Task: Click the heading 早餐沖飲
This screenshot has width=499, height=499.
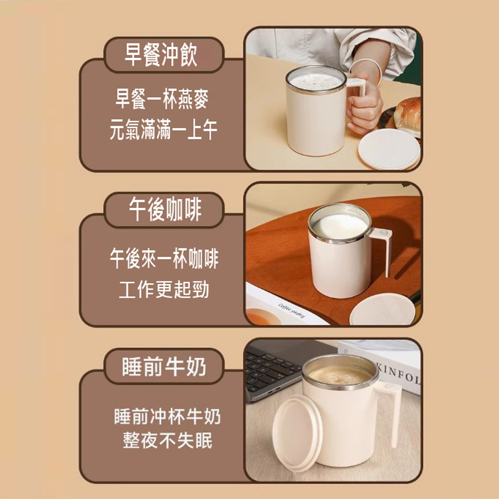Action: pyautogui.click(x=161, y=55)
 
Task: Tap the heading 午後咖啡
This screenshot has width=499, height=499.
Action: pyautogui.click(x=165, y=209)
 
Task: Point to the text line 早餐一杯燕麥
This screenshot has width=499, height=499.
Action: pyautogui.click(x=162, y=99)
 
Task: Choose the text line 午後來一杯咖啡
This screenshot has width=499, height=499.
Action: pyautogui.click(x=164, y=258)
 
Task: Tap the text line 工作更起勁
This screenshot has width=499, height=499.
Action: pyautogui.click(x=164, y=289)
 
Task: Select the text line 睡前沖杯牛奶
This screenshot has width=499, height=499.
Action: pyautogui.click(x=167, y=416)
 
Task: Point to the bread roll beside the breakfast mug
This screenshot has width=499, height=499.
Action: pyautogui.click(x=407, y=115)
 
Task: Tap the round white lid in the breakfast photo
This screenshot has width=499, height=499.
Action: pyautogui.click(x=389, y=149)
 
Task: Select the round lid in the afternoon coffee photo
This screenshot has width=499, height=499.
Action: pyautogui.click(x=382, y=310)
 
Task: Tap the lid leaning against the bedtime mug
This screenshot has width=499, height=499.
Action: pyautogui.click(x=297, y=433)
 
